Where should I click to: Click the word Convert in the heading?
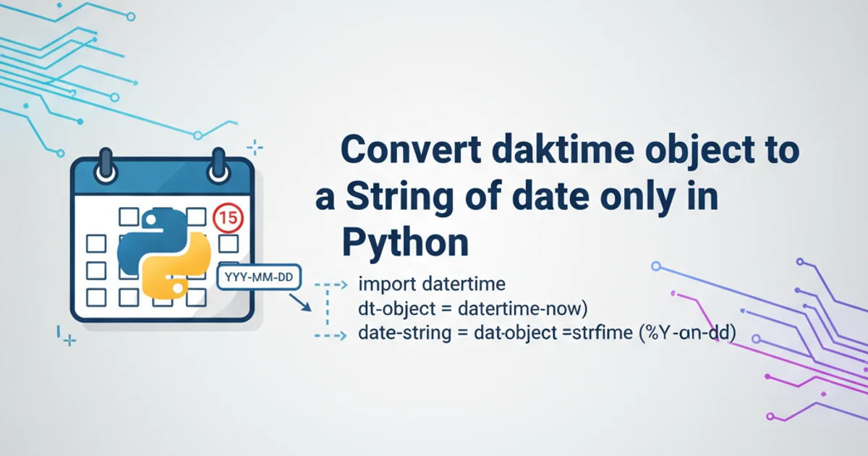tap(411, 150)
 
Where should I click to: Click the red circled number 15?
tap(229, 218)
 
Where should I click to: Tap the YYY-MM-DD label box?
tap(259, 276)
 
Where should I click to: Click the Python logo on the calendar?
tap(164, 254)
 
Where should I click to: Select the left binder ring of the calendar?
tap(106, 166)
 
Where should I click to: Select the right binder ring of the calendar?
tap(218, 166)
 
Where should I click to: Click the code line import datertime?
tap(432, 284)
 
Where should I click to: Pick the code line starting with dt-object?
tap(473, 309)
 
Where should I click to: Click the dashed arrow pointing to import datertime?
tap(331, 285)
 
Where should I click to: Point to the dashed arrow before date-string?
tap(331, 335)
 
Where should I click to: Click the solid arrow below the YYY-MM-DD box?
tap(300, 303)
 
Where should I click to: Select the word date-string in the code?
tap(404, 334)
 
